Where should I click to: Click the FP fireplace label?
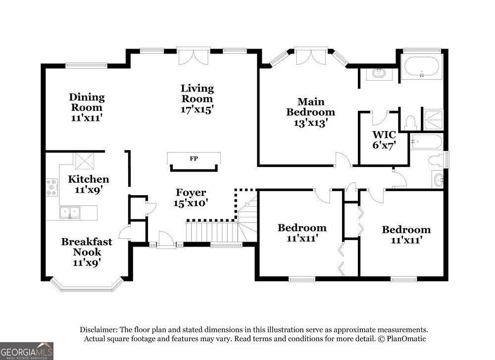tap(194, 158)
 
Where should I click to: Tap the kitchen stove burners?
tap(52, 187)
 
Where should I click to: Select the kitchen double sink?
tap(70, 212)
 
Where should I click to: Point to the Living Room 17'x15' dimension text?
tap(198, 109)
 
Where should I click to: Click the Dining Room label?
tap(87, 102)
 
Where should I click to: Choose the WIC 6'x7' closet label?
tap(384, 140)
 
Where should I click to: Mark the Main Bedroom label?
tap(311, 107)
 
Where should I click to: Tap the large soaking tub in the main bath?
tap(421, 67)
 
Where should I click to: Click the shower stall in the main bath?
tap(434, 119)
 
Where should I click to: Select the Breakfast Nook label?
tap(87, 247)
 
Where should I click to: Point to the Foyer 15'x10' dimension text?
tap(191, 203)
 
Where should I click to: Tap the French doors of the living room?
tap(193, 57)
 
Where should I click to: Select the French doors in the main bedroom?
tap(311, 57)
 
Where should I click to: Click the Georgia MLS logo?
tap(27, 351)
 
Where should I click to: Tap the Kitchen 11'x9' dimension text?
tap(89, 190)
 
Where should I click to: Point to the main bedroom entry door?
tap(343, 159)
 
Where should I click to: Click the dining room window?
tap(87, 66)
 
